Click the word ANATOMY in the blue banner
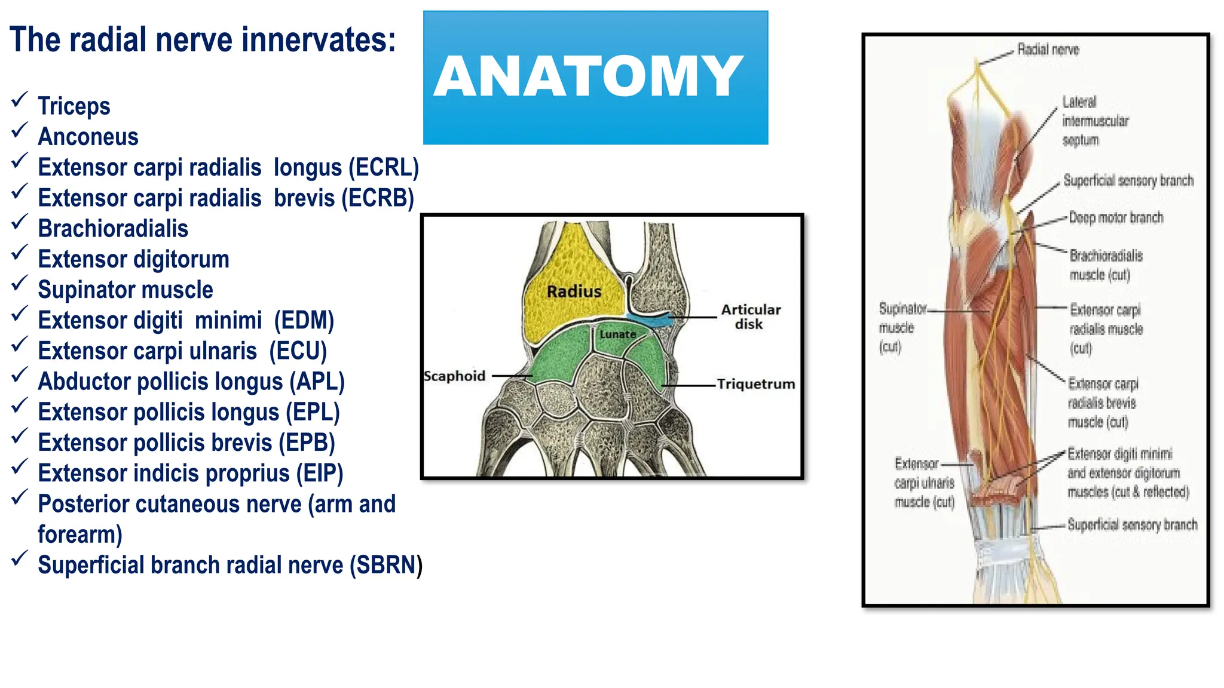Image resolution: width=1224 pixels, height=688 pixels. (589, 77)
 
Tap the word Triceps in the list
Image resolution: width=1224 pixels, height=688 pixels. (74, 106)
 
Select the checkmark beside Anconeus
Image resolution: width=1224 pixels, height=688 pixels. (20, 130)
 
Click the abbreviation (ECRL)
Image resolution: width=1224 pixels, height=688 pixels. (384, 168)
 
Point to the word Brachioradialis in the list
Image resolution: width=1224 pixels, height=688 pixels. (113, 229)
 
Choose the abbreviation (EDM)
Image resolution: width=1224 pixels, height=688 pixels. (304, 321)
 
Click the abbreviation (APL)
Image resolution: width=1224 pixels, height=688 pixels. (317, 382)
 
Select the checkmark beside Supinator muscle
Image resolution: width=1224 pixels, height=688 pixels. (20, 282)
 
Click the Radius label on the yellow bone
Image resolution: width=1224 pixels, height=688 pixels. (574, 291)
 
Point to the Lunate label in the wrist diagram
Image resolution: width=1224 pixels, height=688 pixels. (617, 334)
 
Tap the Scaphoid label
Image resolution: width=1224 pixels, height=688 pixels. (454, 376)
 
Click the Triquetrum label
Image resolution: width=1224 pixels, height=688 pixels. (756, 384)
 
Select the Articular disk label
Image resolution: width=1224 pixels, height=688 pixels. (750, 317)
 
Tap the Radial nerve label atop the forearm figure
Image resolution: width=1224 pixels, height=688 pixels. (1048, 50)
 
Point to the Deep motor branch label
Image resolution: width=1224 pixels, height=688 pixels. (1116, 218)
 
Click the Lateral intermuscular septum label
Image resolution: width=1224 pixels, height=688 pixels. (1095, 121)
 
